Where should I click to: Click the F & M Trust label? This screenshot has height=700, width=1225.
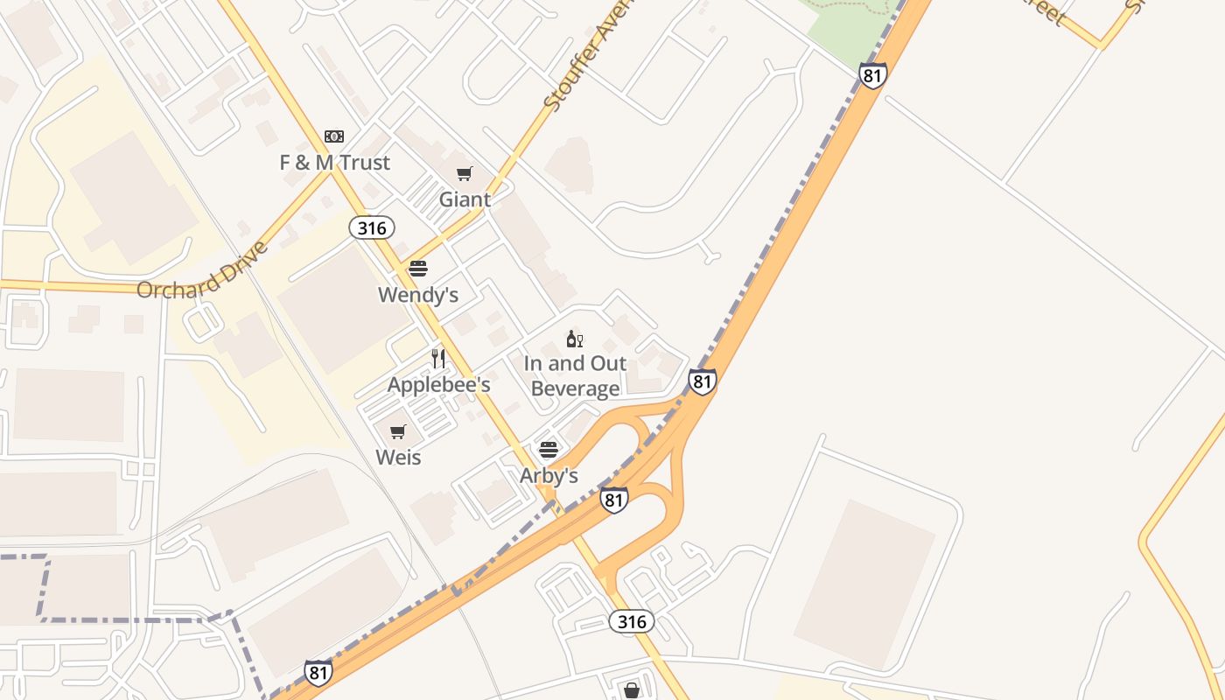pyautogui.click(x=334, y=163)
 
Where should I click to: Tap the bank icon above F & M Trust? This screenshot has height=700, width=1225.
pyautogui.click(x=334, y=136)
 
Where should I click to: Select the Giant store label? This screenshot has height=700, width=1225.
pyautogui.click(x=465, y=199)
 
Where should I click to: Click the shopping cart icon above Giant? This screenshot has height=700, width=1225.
pyautogui.click(x=465, y=173)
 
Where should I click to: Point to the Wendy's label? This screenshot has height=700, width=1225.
pyautogui.click(x=418, y=295)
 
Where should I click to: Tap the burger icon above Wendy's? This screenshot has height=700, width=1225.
pyautogui.click(x=418, y=269)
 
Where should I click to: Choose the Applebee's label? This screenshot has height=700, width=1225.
pyautogui.click(x=438, y=385)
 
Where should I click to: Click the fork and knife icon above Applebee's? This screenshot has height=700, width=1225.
pyautogui.click(x=438, y=359)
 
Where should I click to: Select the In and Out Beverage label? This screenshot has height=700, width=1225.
pyautogui.click(x=576, y=376)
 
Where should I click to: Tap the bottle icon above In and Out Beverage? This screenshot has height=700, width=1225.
pyautogui.click(x=575, y=339)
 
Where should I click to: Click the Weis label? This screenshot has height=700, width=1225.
pyautogui.click(x=398, y=457)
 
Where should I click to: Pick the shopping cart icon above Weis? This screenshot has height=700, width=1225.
pyautogui.click(x=398, y=431)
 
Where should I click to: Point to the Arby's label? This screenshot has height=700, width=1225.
pyautogui.click(x=549, y=476)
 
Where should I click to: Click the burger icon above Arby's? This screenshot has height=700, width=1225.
pyautogui.click(x=549, y=450)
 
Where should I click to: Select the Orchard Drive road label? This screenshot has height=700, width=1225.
pyautogui.click(x=202, y=270)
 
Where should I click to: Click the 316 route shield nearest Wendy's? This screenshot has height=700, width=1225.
pyautogui.click(x=372, y=228)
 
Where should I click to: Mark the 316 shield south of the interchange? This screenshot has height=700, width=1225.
pyautogui.click(x=631, y=622)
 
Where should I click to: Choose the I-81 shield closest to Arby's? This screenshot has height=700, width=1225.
pyautogui.click(x=614, y=500)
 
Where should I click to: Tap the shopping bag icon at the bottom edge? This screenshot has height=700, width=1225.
pyautogui.click(x=632, y=691)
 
